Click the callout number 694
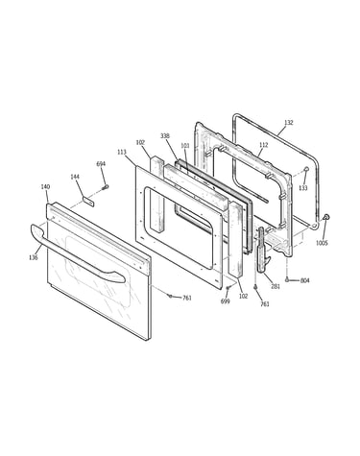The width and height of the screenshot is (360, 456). tap(101, 164)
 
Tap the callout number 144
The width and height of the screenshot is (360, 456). tap(75, 177)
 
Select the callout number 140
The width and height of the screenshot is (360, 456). tap(45, 187)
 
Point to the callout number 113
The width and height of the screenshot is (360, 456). tap(122, 153)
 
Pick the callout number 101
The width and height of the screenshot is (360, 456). tap(185, 146)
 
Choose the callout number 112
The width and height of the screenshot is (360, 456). tap(263, 145)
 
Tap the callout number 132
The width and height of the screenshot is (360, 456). tap(289, 123)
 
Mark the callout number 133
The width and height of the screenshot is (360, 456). tap(303, 188)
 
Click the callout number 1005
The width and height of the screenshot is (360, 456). tap(322, 243)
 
